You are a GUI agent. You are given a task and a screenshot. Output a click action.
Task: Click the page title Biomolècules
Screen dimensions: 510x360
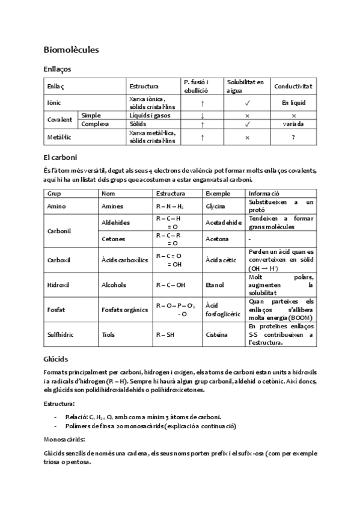72,49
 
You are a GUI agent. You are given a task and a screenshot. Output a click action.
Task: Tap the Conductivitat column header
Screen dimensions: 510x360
293,87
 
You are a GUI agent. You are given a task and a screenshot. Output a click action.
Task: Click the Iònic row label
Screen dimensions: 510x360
54,103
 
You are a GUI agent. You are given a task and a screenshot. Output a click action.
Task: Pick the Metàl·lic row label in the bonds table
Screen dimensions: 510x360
59,137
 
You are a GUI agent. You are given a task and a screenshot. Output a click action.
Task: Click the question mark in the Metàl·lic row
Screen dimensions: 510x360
293,137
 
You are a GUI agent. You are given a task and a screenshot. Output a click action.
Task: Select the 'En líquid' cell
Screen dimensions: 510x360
293,103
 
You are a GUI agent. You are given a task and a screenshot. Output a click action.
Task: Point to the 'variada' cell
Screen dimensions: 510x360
293,124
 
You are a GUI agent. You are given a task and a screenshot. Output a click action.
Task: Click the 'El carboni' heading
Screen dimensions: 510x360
60,158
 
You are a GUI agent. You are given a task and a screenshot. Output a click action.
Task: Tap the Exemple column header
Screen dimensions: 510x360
218,194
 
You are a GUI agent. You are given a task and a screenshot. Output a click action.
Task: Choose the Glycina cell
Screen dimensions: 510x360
216,206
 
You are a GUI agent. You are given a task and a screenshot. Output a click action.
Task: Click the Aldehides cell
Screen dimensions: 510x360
116,223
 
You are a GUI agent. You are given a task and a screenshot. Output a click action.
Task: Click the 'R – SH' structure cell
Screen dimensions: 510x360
166,334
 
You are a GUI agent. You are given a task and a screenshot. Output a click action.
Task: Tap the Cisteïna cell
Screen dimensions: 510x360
218,334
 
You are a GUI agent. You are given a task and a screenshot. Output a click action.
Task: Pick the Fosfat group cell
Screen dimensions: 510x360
56,310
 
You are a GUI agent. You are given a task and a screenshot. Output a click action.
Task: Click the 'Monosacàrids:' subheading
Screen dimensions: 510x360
64,439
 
